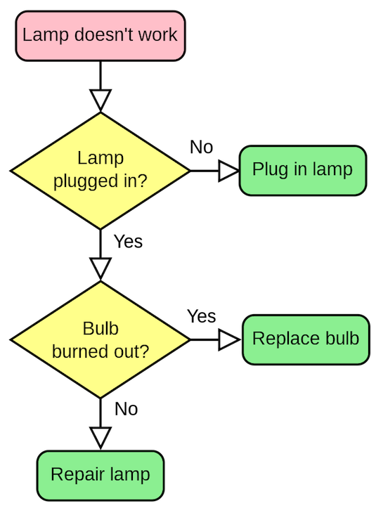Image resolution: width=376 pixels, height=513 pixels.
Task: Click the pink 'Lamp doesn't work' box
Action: pos(101,35)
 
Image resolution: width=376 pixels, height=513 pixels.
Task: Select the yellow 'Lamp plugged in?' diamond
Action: pos(101,171)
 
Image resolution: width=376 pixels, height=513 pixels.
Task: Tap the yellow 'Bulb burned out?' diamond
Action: pos(101,339)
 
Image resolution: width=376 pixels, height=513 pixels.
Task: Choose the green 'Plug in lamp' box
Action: pos(303,170)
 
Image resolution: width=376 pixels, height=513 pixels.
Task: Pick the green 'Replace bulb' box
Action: pos(306,339)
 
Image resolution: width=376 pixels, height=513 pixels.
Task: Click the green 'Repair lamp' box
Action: pos(101,475)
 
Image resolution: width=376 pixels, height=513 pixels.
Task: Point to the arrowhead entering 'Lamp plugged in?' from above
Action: pos(101,98)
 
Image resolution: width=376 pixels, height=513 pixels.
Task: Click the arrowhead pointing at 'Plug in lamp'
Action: pos(228,171)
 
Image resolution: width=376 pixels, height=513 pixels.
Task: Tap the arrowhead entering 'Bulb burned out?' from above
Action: pos(101,267)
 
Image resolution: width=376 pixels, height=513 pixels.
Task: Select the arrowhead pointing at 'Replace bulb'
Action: pos(228,339)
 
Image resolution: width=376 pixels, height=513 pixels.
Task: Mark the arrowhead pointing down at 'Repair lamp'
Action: pos(101,436)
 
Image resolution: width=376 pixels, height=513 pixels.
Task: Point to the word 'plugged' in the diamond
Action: pos(82,181)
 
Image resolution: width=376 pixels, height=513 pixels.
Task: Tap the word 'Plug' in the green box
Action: pos(267,170)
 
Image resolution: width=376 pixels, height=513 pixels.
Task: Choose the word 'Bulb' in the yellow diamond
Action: pos(101,329)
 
